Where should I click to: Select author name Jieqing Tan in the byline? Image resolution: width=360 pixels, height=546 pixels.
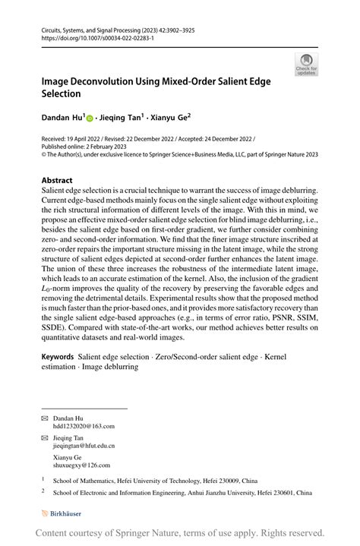pyautogui.click(x=121, y=118)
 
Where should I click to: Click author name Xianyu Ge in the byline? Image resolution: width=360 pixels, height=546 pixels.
pyautogui.click(x=169, y=118)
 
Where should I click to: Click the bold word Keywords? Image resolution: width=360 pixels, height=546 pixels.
pyautogui.click(x=58, y=355)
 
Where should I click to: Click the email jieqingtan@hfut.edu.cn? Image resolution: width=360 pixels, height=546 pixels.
pyautogui.click(x=84, y=447)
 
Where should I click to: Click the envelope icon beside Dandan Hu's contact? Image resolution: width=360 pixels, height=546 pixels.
pyautogui.click(x=44, y=418)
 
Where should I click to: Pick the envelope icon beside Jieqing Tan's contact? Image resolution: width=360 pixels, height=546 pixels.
pyautogui.click(x=44, y=438)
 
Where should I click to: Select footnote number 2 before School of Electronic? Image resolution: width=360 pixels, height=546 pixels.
pyautogui.click(x=43, y=491)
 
